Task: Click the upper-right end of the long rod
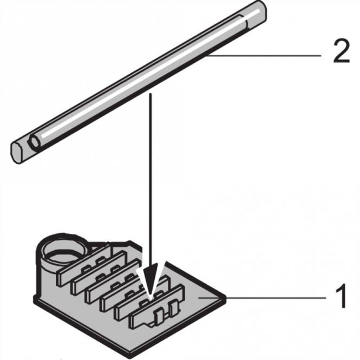pos(258,12)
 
